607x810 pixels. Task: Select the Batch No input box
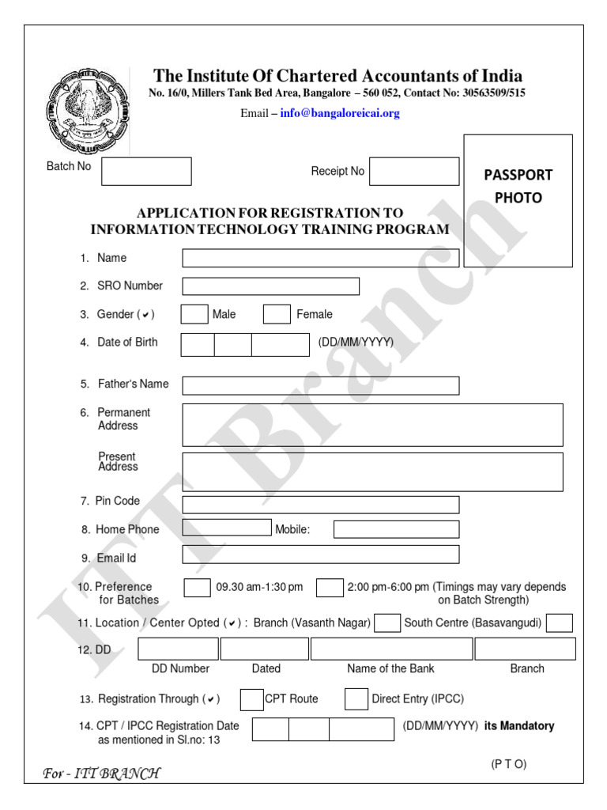[x=146, y=171]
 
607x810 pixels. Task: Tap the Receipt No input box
[x=414, y=171]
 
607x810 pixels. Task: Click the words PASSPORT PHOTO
[x=518, y=186]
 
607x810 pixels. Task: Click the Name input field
[x=320, y=258]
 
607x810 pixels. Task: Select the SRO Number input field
[x=270, y=286]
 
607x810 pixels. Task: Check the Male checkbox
[x=194, y=314]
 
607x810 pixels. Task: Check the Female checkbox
[x=277, y=314]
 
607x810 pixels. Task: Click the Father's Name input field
[x=320, y=385]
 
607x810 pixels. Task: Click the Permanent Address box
[x=372, y=425]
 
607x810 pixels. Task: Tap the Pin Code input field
[x=320, y=505]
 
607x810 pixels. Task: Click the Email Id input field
[x=320, y=554]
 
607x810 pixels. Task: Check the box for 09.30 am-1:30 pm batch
[x=197, y=588]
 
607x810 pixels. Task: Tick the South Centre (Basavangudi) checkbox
[x=559, y=623]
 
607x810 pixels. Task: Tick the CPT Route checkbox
[x=251, y=699]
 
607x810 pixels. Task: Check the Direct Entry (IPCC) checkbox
[x=356, y=699]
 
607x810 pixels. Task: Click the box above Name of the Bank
[x=391, y=649]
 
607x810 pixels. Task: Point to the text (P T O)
[x=508, y=763]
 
